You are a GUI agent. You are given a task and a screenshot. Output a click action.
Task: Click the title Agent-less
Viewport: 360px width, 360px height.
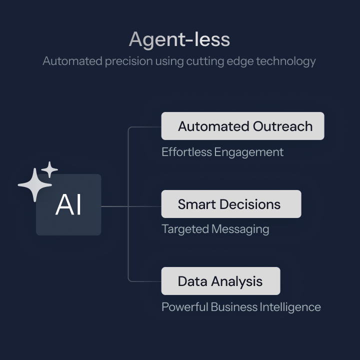179,39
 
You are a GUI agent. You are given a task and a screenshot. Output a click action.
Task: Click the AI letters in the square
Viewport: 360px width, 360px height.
68,205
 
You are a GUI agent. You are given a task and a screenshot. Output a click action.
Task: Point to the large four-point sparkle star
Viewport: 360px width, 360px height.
34,184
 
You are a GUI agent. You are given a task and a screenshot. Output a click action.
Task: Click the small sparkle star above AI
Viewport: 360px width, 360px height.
49,169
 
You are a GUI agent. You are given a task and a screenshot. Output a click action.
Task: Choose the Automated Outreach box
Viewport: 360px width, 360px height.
242,126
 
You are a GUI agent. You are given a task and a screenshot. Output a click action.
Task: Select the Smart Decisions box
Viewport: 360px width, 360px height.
231,204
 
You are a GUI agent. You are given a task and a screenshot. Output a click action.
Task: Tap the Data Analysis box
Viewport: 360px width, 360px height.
220,281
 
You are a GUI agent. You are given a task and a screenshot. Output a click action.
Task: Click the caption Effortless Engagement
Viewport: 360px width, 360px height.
222,152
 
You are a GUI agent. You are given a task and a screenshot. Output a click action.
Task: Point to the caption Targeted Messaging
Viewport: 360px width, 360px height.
215,229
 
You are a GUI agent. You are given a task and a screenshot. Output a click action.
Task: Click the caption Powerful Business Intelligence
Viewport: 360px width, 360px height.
241,306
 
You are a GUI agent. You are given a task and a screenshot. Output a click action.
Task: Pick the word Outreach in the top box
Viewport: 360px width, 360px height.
282,126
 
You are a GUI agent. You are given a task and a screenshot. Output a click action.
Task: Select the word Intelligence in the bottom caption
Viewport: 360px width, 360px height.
290,306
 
